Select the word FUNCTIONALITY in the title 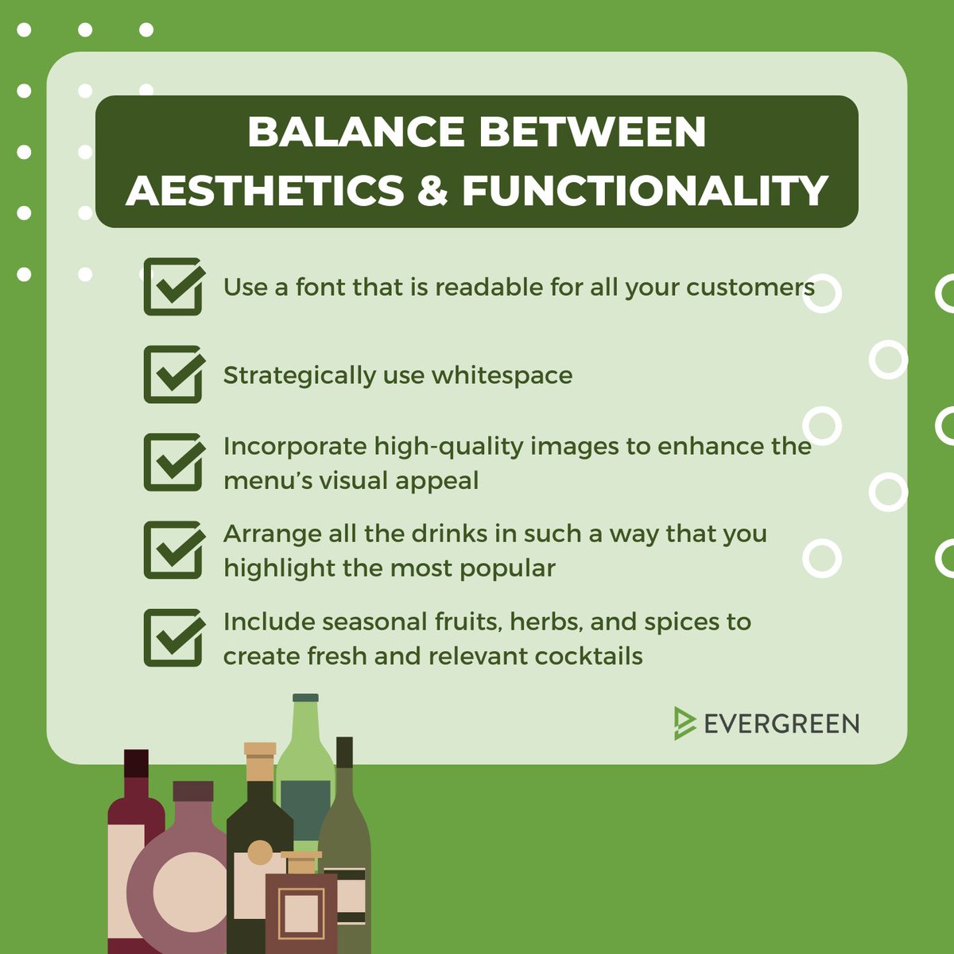645,191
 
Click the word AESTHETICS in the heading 265,191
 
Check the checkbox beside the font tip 173,287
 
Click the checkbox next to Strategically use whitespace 173,374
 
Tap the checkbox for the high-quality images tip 173,462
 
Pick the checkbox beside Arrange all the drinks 173,550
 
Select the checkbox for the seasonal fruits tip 173,638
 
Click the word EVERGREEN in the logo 781,724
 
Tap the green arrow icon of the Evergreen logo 683,723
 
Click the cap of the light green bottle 305,698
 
